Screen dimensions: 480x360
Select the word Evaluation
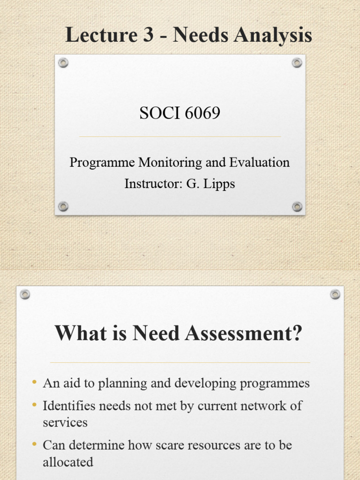tap(259, 163)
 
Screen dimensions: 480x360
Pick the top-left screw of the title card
tap(63, 63)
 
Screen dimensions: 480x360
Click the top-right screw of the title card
tap(297, 63)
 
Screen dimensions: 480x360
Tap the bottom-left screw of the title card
tap(63, 206)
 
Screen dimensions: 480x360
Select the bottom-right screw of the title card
tap(297, 206)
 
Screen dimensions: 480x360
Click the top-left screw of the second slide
tap(25, 294)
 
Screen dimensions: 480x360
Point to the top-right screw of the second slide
tap(335, 294)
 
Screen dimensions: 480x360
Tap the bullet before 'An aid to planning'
tap(34, 383)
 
